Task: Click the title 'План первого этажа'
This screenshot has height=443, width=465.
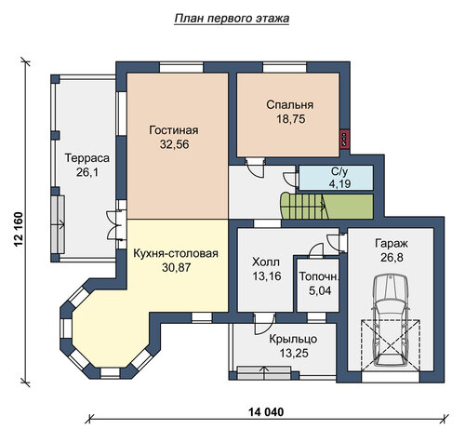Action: (x=232, y=19)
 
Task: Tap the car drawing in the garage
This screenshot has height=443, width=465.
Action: (x=391, y=320)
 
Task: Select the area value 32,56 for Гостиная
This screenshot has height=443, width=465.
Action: (x=175, y=144)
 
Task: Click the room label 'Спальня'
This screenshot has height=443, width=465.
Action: (x=290, y=105)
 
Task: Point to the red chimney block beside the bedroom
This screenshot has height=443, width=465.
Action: (x=345, y=140)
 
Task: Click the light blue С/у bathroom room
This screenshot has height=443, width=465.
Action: (x=336, y=178)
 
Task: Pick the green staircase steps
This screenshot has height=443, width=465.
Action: (x=326, y=206)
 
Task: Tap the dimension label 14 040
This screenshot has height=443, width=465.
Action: (x=266, y=412)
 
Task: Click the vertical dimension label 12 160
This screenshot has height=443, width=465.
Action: (x=19, y=229)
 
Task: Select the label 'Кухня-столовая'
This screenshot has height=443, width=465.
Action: (x=176, y=253)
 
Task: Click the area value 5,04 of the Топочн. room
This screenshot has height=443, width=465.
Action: (x=320, y=290)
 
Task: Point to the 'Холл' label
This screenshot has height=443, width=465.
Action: (x=266, y=262)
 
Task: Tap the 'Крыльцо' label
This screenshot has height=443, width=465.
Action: (x=293, y=339)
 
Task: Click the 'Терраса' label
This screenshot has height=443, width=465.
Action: (x=87, y=158)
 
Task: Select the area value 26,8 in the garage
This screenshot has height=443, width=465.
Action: (x=392, y=258)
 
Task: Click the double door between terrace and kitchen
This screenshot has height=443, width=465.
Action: (x=115, y=225)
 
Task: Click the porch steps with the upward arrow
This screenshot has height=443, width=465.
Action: (x=264, y=373)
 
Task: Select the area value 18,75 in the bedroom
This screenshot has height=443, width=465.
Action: (x=291, y=119)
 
